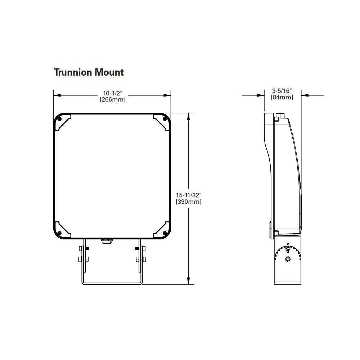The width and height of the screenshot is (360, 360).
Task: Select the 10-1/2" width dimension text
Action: pos(113,93)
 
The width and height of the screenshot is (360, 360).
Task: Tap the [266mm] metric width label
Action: pos(113,100)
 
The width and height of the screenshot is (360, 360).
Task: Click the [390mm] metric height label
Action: pos(189,202)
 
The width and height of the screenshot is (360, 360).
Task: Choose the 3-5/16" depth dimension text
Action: pos(282,91)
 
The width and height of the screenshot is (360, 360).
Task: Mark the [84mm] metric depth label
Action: pos(282,97)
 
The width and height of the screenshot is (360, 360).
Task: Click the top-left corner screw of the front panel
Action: pos(59,119)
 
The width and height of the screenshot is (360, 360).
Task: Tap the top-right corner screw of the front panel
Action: pos(166,119)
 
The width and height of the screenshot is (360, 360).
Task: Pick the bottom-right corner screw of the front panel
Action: pos(166,233)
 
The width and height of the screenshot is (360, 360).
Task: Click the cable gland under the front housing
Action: pos(105,240)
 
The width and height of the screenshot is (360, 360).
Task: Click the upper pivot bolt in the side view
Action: pos(287,249)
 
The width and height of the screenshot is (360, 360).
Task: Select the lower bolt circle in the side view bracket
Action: pos(287,259)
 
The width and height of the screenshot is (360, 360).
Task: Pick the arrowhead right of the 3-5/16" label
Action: pos(305,95)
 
